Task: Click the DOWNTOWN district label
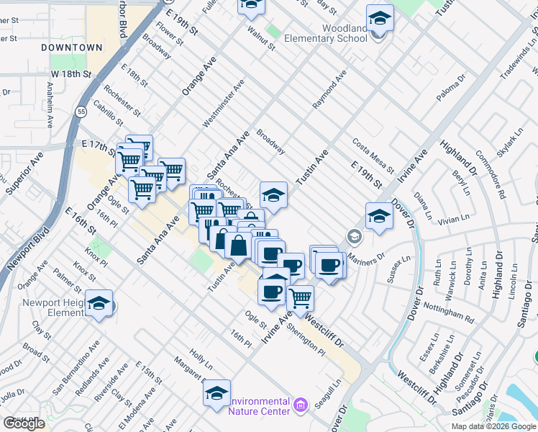click(x=71, y=47)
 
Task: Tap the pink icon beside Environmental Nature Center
click(x=301, y=406)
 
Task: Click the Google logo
click(x=24, y=423)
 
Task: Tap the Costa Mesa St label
click(x=373, y=154)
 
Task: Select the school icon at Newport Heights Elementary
click(x=99, y=302)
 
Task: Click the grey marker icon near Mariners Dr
click(x=353, y=236)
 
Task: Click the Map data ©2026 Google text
click(x=493, y=426)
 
